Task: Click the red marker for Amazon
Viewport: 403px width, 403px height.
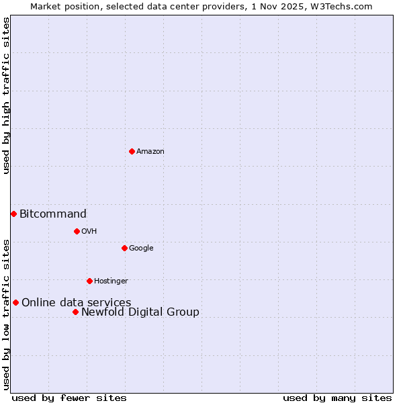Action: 132,151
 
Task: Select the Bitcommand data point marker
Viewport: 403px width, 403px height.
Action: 13,214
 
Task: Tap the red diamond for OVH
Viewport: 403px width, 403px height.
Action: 77,231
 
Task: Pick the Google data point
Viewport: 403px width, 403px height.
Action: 124,248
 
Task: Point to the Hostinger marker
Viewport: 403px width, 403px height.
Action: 89,281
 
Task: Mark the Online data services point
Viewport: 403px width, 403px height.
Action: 15,302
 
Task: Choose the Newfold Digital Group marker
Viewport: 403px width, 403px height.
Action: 75,312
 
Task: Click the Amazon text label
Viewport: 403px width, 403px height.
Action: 150,152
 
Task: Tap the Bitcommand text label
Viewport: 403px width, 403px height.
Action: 53,214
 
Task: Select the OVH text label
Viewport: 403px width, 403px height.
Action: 89,232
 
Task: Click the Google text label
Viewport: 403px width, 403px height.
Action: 141,249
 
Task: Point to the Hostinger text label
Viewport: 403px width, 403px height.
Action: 111,281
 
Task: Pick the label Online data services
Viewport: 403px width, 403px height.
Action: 77,303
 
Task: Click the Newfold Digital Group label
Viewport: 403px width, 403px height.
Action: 140,312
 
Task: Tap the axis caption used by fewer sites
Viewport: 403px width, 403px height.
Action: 69,398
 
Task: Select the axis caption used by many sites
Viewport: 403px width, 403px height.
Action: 337,398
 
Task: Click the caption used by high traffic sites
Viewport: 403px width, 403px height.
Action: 7,95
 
